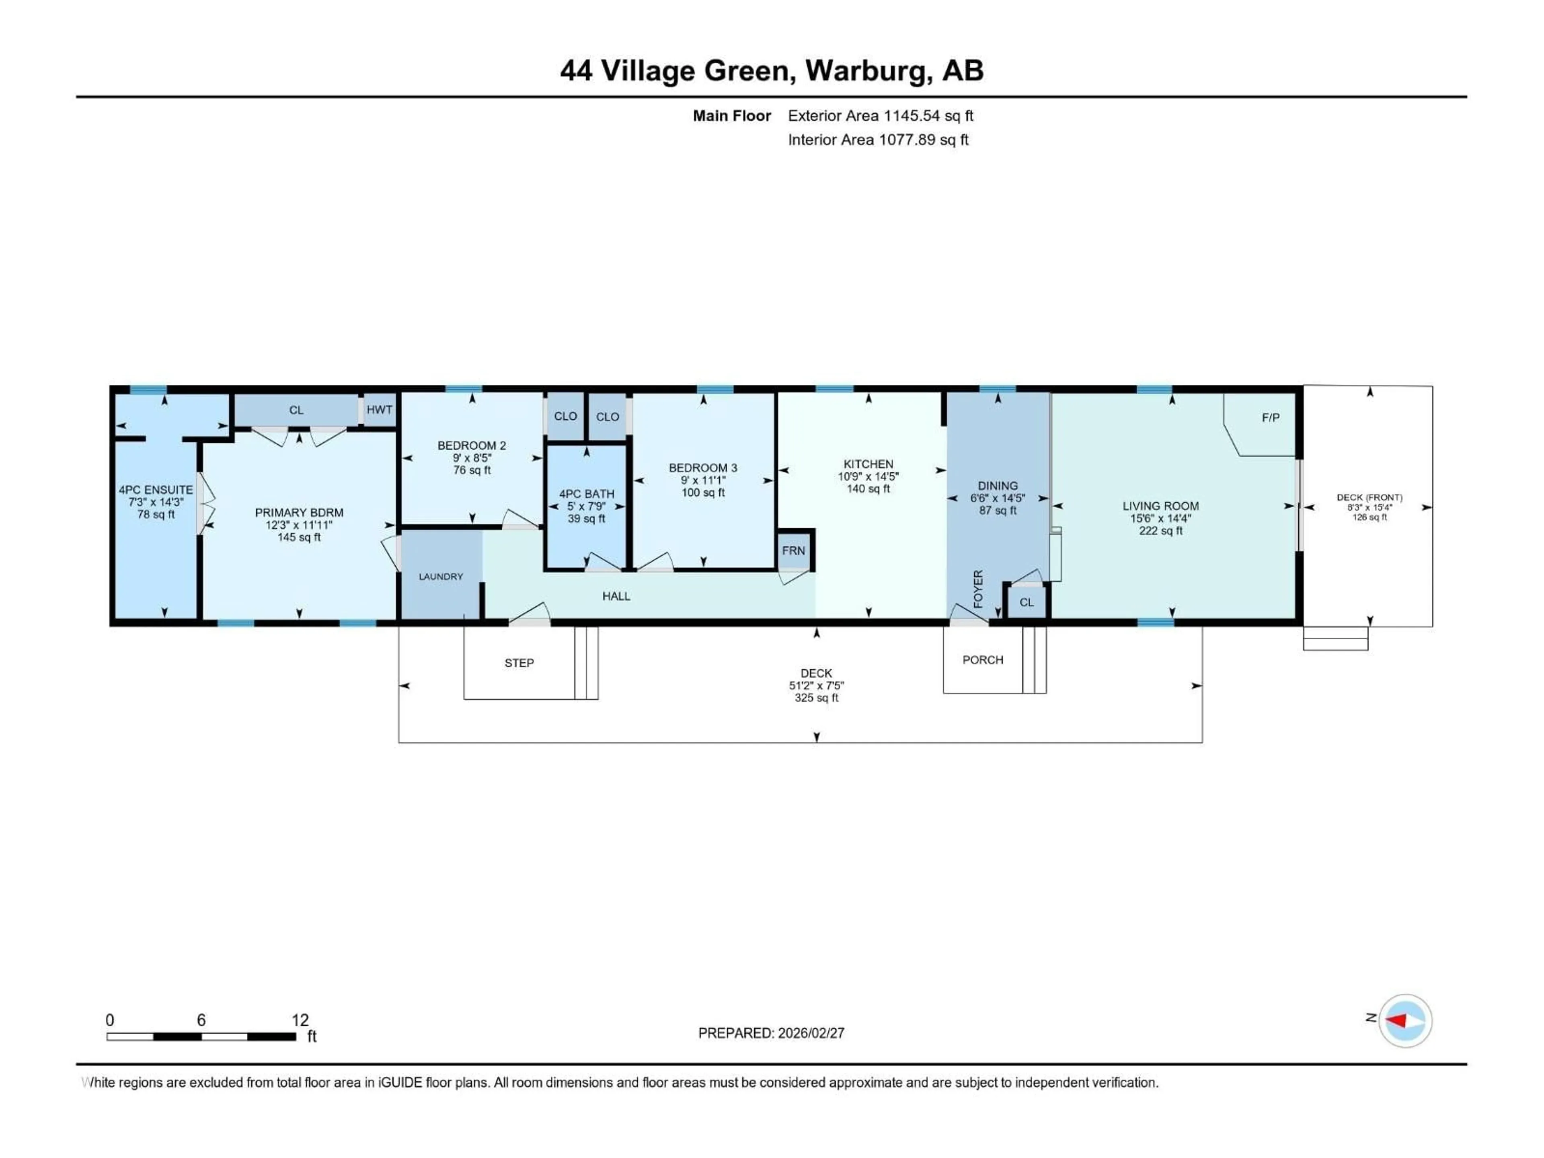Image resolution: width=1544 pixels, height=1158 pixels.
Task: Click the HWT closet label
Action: (379, 410)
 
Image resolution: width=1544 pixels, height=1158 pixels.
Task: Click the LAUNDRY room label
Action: (440, 577)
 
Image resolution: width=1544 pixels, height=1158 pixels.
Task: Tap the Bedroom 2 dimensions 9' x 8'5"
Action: (472, 458)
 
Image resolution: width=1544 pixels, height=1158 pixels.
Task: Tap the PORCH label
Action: (982, 660)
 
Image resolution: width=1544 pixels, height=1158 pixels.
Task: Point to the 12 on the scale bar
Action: (300, 1020)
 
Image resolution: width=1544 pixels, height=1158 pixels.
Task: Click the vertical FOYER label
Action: (978, 588)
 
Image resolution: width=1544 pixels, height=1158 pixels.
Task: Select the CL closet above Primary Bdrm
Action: (296, 410)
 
